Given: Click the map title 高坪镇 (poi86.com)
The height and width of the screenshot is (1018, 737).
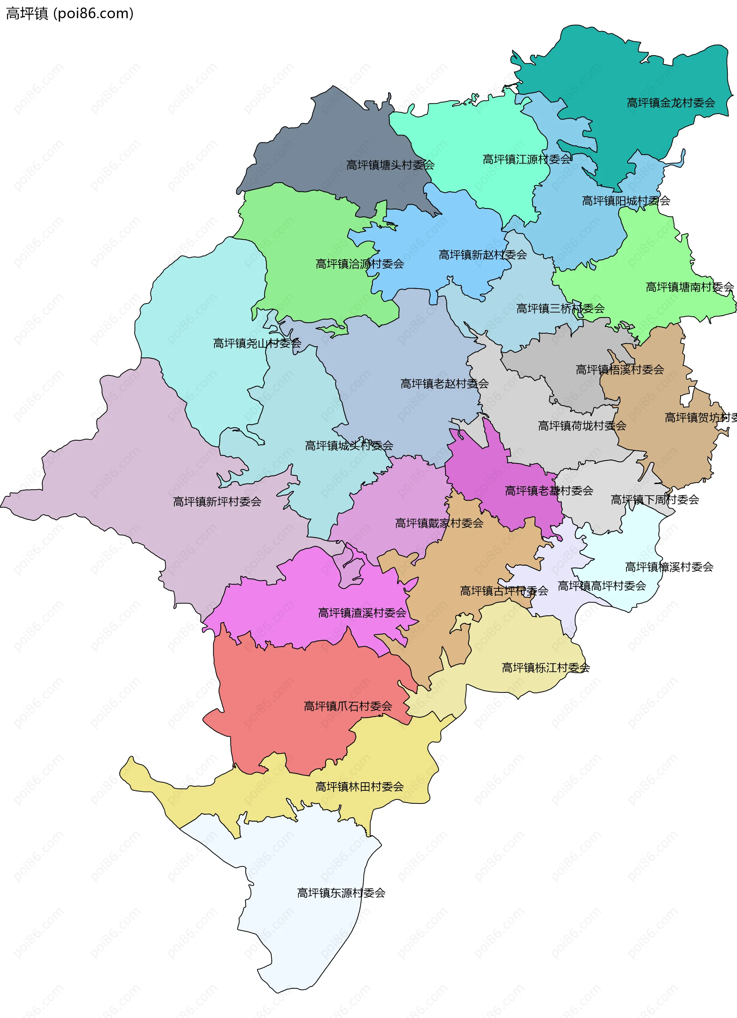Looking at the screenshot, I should click(69, 13).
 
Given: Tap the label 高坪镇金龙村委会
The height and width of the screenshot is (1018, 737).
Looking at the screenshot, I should click(671, 103).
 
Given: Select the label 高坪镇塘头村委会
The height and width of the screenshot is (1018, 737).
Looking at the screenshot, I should click(390, 165).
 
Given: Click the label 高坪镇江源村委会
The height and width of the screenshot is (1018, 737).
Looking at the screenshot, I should click(527, 159).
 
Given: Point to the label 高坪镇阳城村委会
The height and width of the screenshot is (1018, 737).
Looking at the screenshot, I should click(626, 201).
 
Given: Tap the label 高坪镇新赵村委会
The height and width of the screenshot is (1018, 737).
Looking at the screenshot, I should click(483, 255).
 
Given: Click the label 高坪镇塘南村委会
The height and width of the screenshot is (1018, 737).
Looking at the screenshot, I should click(689, 287).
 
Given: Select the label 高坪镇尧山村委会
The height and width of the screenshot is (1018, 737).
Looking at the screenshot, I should click(257, 344).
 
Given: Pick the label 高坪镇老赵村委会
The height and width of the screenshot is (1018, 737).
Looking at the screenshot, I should click(445, 384).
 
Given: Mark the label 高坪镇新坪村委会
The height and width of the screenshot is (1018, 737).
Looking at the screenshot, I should click(217, 502).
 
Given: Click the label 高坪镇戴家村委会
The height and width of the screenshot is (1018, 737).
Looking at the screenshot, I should click(439, 523).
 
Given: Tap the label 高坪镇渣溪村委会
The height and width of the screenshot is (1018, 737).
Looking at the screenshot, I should click(362, 613).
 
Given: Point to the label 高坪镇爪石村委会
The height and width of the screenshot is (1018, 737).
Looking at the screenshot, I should click(348, 706).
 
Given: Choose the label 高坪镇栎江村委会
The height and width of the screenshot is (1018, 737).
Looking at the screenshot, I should click(545, 668).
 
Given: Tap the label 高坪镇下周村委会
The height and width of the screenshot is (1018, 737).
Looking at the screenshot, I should click(654, 499).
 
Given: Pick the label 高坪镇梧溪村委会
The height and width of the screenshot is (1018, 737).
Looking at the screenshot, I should click(620, 369).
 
